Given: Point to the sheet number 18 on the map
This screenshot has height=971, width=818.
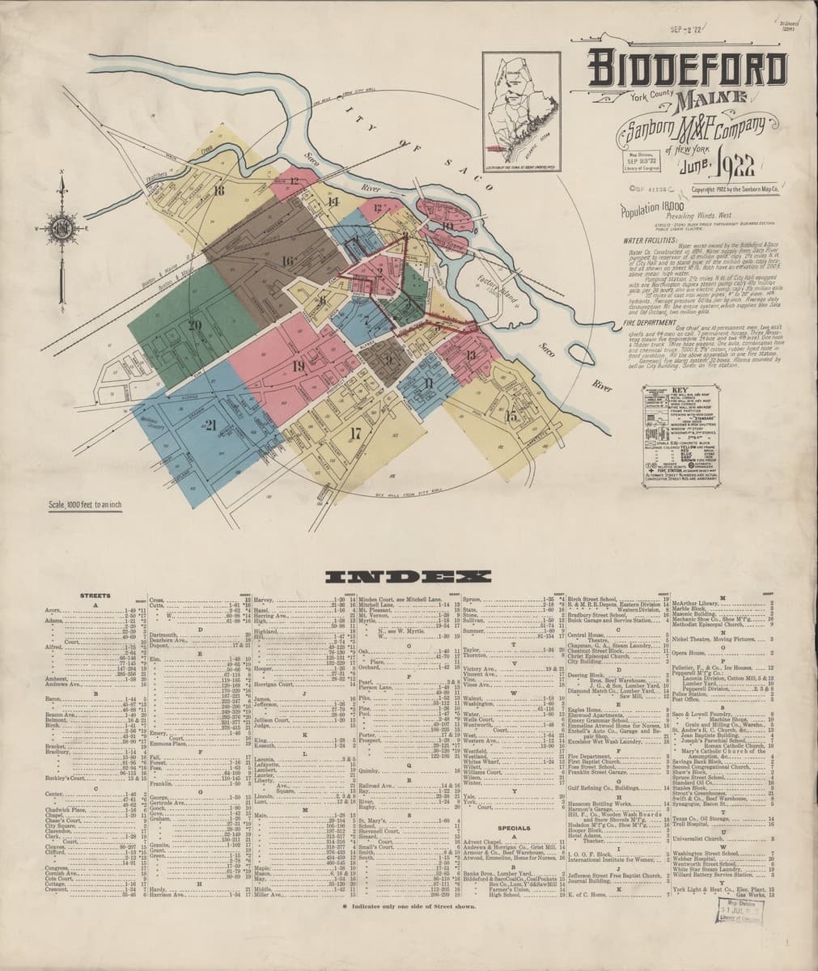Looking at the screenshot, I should [x=219, y=191].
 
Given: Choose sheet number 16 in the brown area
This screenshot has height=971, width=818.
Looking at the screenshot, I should [x=287, y=260].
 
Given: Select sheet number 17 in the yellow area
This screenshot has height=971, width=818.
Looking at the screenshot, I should [x=354, y=430].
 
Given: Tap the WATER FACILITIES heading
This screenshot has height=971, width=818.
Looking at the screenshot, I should [x=651, y=241].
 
